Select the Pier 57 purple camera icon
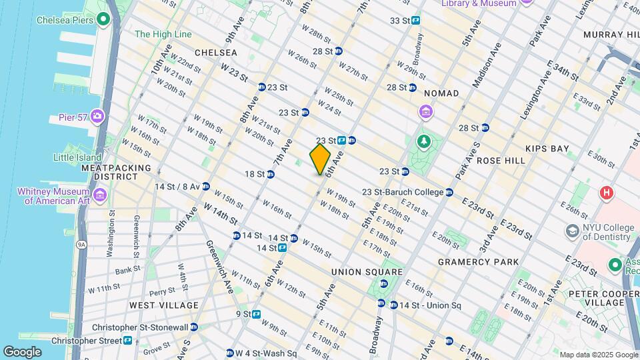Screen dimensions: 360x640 (98, 116)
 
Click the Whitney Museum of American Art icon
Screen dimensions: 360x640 (100, 195)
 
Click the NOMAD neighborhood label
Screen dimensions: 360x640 (441, 93)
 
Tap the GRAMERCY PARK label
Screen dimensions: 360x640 (478, 262)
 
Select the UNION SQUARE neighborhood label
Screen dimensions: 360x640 (367, 272)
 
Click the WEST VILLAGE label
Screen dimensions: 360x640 (163, 305)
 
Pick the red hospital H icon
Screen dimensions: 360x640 (606, 193)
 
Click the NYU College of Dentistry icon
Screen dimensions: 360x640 (572, 230)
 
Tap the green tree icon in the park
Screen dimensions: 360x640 (423, 141)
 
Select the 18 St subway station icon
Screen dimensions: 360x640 (271, 174)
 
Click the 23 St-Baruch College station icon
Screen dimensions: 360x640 (449, 193)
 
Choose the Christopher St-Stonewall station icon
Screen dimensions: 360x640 (193, 327)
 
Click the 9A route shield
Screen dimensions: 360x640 (81, 245)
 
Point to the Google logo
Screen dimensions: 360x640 (22, 352)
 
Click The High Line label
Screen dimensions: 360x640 (163, 34)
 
